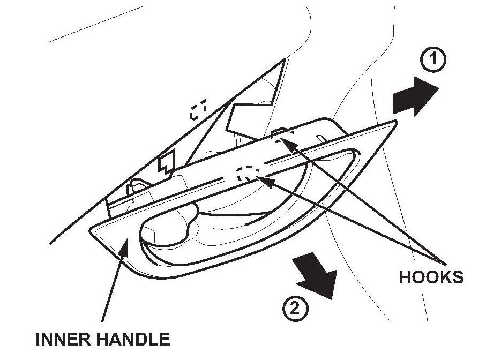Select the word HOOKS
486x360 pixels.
[x=431, y=277]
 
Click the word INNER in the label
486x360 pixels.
[x=61, y=339]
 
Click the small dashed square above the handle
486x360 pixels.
[x=199, y=111]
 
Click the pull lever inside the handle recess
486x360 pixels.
[x=166, y=231]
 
